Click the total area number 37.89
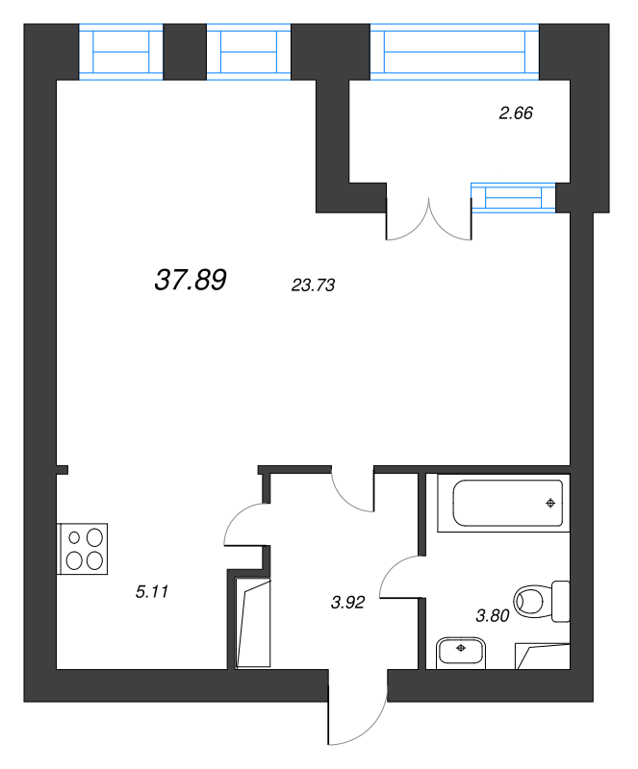pos(190,280)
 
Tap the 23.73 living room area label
pos(312,285)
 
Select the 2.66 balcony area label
pos(516,113)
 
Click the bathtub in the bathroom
pos(501,503)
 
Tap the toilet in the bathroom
pos(539,602)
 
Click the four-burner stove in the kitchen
pos(82,549)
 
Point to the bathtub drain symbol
pos(550,503)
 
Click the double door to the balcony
pos(428,217)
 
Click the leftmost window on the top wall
pos(121,54)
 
